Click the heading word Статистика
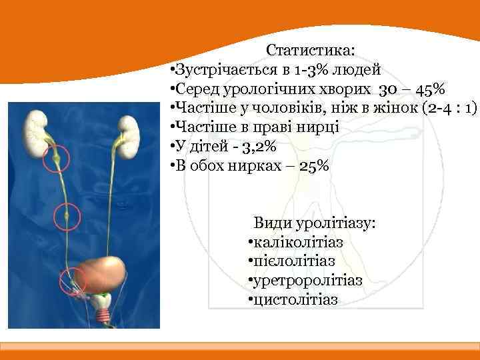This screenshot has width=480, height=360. (x=310, y=51)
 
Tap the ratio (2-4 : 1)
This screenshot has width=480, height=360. (x=450, y=108)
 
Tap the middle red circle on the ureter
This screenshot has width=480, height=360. (x=67, y=215)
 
